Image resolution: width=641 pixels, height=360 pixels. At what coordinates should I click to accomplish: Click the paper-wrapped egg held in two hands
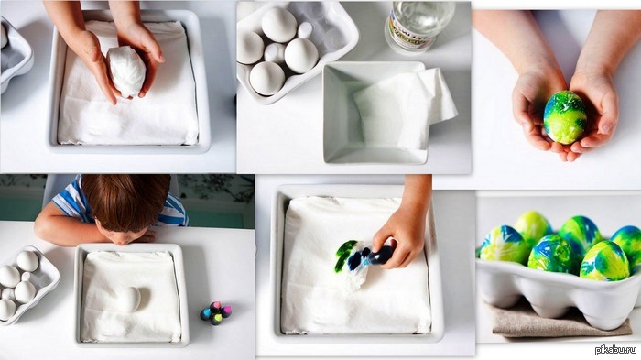[x=126, y=72]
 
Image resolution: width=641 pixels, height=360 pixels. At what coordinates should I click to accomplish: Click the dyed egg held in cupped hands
[x=565, y=117]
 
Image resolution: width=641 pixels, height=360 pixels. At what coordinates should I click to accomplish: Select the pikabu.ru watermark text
[x=615, y=350]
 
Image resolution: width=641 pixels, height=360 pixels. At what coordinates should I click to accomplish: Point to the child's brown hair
[x=126, y=201]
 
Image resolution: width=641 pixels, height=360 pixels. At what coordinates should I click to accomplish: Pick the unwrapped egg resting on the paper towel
[x=128, y=299]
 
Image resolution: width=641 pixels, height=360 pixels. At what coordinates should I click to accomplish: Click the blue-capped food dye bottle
[x=206, y=314]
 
